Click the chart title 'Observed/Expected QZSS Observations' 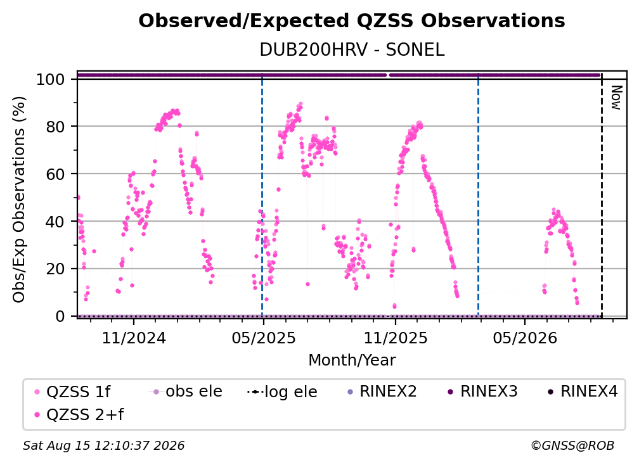pyautogui.click(x=352, y=21)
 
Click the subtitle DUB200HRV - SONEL pyautogui.click(x=352, y=50)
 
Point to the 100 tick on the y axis pyautogui.click(x=50, y=79)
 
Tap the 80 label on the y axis pyautogui.click(x=55, y=127)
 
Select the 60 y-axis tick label pyautogui.click(x=55, y=174)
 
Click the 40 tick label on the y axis pyautogui.click(x=55, y=222)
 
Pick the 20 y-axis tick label pyautogui.click(x=55, y=269)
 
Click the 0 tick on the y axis pyautogui.click(x=60, y=316)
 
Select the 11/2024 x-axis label pyautogui.click(x=134, y=338)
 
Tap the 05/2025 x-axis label pyautogui.click(x=264, y=338)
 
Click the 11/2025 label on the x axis pyautogui.click(x=396, y=338)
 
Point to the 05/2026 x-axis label pyautogui.click(x=525, y=338)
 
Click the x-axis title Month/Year pyautogui.click(x=352, y=360)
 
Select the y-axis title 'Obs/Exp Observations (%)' pyautogui.click(x=19, y=199)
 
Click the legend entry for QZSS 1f pyautogui.click(x=72, y=392)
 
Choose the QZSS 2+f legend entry pyautogui.click(x=79, y=414)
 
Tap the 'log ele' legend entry pyautogui.click(x=282, y=392)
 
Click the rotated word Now pyautogui.click(x=616, y=98)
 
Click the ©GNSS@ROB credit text pyautogui.click(x=572, y=445)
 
